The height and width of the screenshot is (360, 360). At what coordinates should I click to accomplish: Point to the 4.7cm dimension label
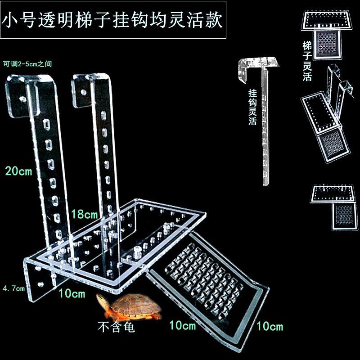(13, 288)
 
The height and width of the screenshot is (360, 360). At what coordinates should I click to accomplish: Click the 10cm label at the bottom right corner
(270, 326)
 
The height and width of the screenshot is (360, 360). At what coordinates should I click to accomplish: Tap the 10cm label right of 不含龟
(182, 324)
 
